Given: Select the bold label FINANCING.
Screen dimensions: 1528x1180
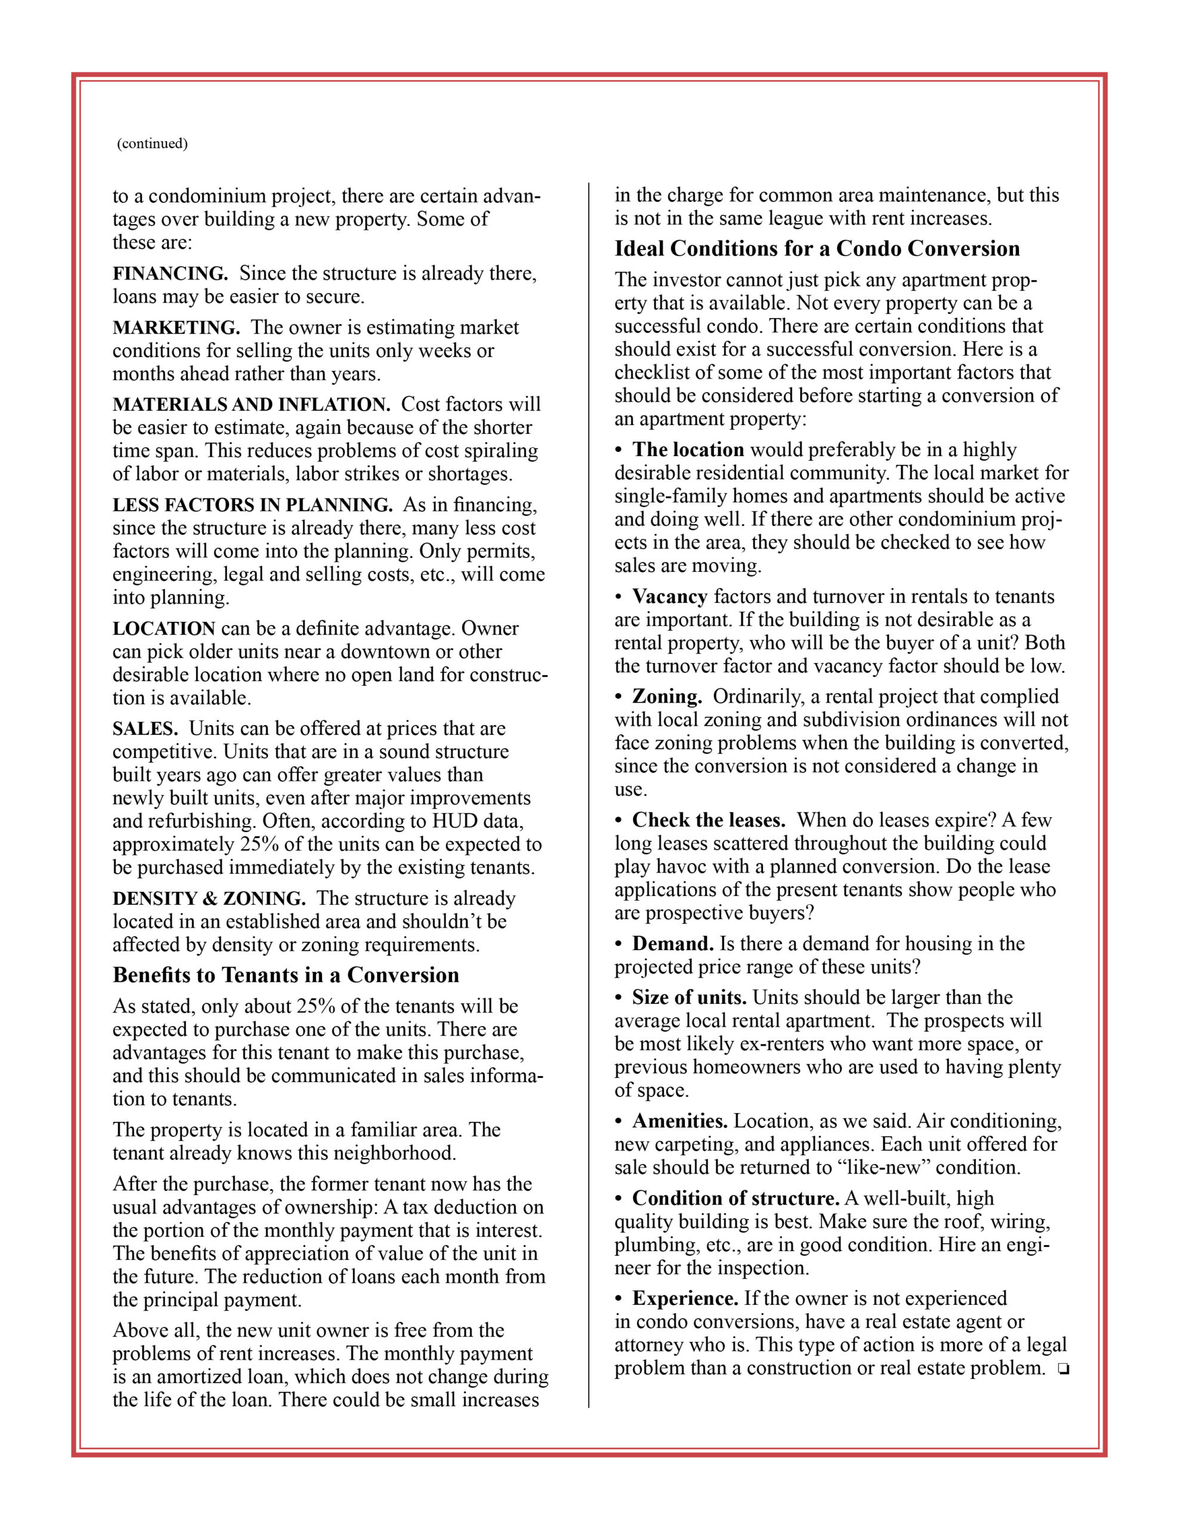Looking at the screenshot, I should coord(170,273).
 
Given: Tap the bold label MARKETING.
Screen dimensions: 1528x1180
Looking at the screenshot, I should coord(175,328).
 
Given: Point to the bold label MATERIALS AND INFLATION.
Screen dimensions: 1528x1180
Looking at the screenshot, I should coord(251,405).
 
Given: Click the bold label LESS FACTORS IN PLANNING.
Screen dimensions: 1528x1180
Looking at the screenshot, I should coord(252,504).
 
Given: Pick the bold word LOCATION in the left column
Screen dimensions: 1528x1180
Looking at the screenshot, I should coord(163,629).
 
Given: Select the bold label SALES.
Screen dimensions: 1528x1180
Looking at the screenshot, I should coord(145,728).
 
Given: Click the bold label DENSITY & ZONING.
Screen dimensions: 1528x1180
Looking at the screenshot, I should coord(208,898).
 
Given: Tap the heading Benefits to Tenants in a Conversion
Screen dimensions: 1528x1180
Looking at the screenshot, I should coord(285,975).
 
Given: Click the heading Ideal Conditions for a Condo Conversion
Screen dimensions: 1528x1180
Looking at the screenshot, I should coord(817,248).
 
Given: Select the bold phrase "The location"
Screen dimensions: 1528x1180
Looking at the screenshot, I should coord(688,449).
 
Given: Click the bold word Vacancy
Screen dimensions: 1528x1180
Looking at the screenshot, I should coord(669,596).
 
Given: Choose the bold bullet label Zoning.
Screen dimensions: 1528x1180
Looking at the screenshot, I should coord(666,696).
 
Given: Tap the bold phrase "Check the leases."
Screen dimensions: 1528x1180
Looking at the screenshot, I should coord(709,820).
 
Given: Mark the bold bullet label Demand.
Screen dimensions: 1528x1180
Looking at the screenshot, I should coord(672,943).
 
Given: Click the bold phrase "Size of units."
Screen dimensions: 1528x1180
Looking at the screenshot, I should coord(689,997).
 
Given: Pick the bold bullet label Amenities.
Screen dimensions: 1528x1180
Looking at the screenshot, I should coord(680,1121).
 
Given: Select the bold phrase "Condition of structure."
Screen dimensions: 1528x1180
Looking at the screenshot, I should coord(736,1198).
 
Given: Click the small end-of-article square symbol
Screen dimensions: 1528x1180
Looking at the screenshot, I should coord(1063,1369).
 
